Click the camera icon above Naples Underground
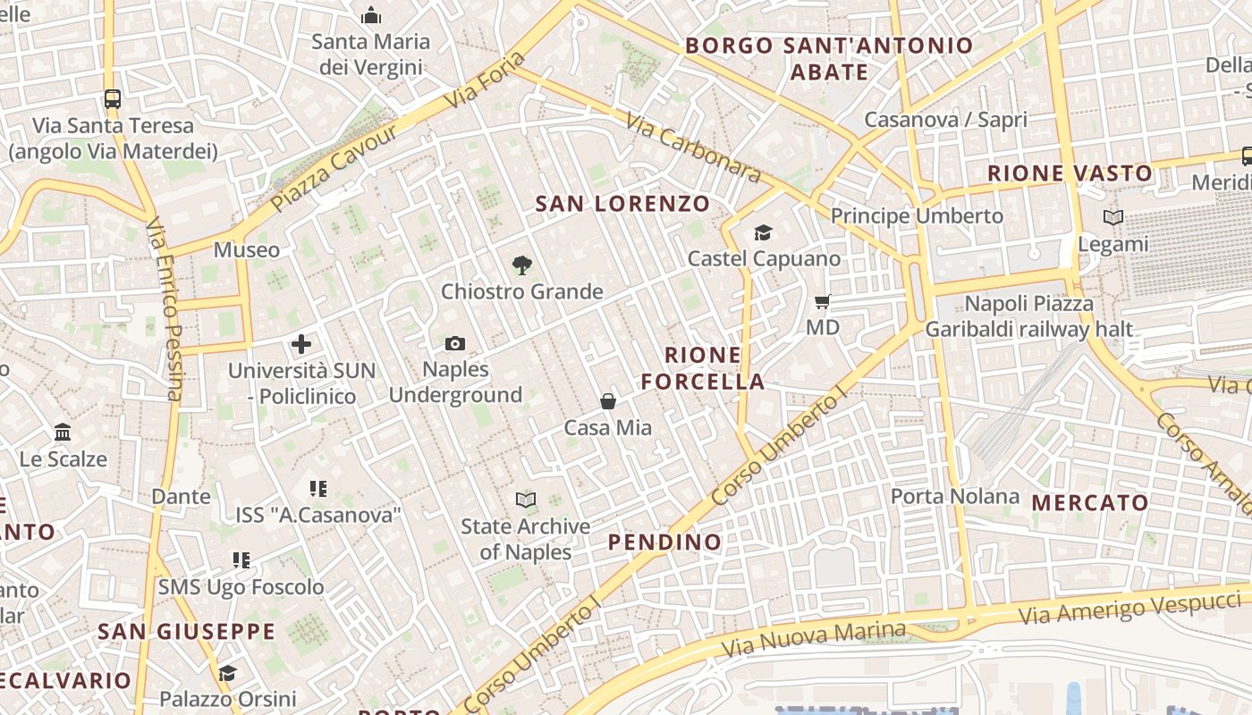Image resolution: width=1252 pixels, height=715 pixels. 454,344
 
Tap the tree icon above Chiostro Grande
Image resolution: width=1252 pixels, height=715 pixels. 522,265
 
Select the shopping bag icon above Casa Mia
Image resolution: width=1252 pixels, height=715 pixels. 608,401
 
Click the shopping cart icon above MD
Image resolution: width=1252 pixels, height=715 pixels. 823,302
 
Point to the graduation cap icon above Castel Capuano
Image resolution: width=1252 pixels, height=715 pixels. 763,233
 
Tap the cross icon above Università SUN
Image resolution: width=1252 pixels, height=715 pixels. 301,343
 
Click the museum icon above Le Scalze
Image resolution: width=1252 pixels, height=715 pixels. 63,433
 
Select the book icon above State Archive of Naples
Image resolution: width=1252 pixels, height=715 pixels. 526,500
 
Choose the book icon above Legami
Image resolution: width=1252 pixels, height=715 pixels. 1113,217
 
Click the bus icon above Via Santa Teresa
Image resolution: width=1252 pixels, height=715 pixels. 113,99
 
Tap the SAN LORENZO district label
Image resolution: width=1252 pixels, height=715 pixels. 622,204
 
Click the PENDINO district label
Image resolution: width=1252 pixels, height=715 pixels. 664,542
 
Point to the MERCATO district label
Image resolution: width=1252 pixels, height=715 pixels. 1090,502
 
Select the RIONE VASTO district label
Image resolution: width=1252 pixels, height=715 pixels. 1070,173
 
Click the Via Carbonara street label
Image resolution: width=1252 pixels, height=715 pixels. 693,147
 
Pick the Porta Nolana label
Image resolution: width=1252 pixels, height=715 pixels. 955,496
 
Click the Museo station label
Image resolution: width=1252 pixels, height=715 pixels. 247,249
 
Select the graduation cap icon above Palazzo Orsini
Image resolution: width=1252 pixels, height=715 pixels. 227,672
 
